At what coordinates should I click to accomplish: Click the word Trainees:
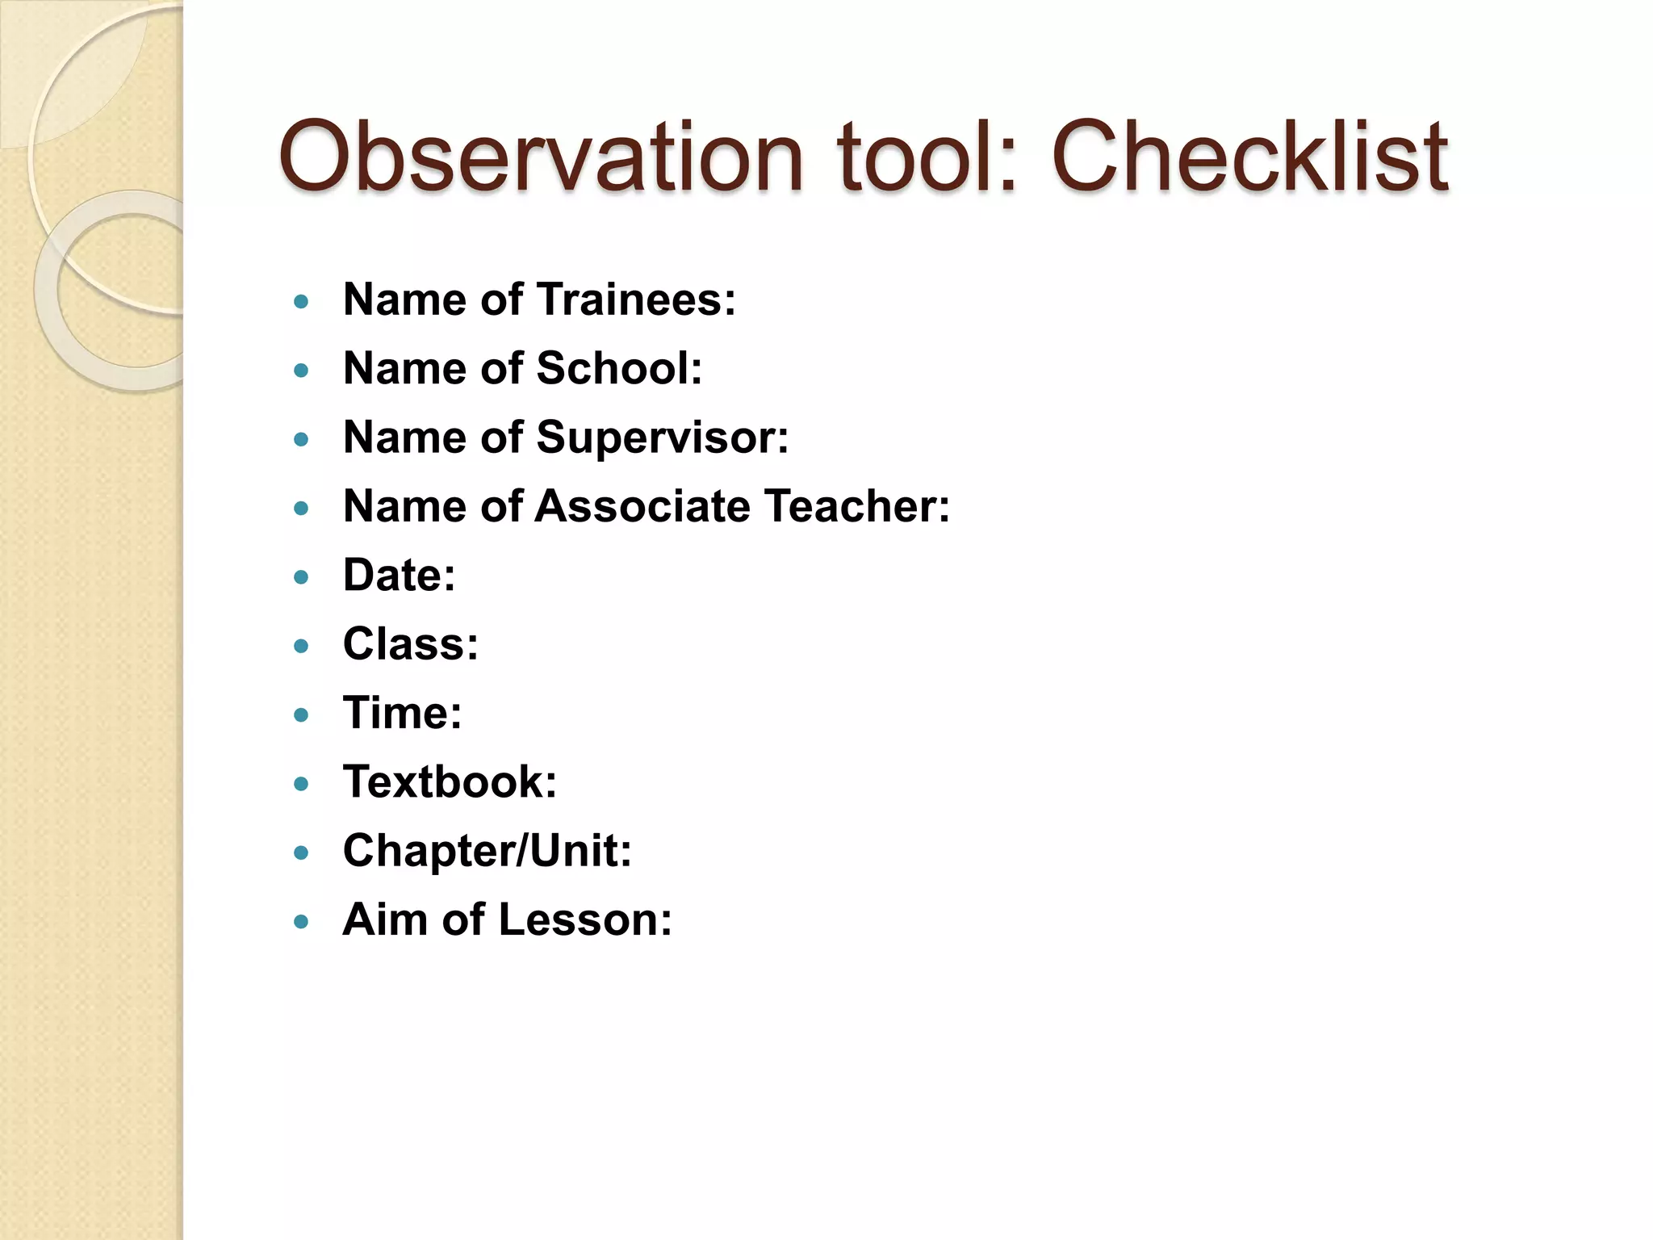click(636, 300)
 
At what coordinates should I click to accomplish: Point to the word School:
click(619, 368)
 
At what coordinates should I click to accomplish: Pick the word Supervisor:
click(662, 438)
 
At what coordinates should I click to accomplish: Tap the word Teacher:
click(857, 506)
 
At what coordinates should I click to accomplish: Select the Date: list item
click(399, 576)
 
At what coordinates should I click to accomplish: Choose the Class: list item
click(410, 644)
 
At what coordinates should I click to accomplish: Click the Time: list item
click(402, 713)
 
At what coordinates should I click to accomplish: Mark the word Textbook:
click(450, 781)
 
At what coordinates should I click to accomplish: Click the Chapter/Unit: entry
click(487, 851)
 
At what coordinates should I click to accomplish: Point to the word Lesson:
click(585, 920)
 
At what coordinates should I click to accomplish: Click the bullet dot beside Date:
click(302, 577)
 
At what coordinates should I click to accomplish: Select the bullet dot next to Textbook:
click(302, 784)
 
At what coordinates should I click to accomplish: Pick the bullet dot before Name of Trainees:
click(302, 302)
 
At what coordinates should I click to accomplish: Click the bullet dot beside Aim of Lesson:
click(302, 921)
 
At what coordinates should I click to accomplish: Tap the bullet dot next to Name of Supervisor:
click(302, 440)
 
